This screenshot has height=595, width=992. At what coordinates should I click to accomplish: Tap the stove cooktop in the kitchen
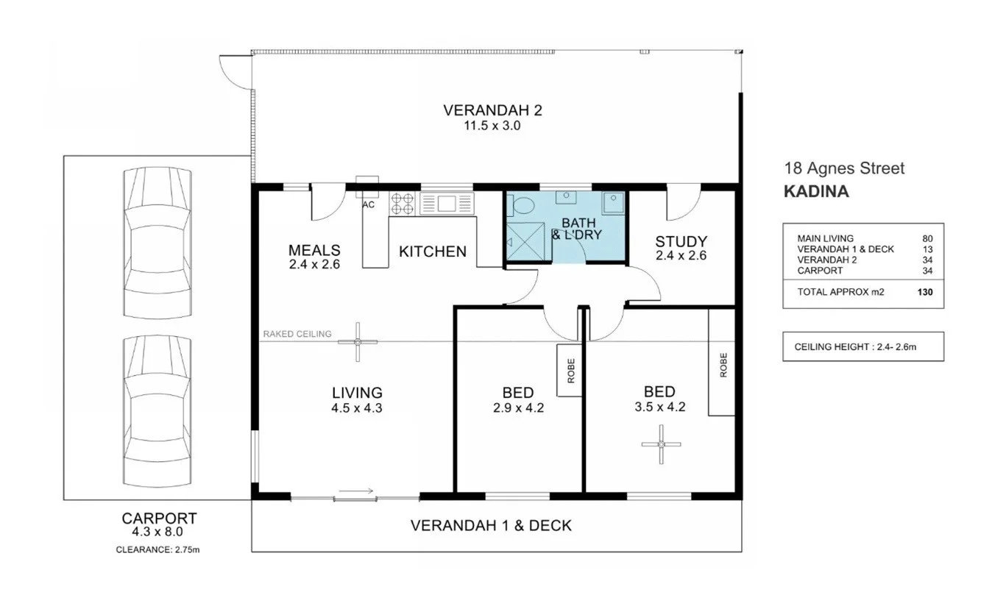403,203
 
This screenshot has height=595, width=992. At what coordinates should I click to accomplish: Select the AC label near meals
369,205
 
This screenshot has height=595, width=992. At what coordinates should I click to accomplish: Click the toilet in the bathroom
523,206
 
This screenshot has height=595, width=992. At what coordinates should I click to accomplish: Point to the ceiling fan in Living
357,342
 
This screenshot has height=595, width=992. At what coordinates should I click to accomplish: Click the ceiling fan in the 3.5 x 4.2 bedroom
661,444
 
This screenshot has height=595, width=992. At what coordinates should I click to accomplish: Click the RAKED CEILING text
297,334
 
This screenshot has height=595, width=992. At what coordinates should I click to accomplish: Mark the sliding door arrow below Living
357,491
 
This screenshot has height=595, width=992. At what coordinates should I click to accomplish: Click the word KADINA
816,192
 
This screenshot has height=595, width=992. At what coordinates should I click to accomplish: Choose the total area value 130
926,292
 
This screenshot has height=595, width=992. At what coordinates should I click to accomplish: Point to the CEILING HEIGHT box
862,346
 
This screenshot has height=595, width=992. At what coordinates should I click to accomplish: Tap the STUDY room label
681,241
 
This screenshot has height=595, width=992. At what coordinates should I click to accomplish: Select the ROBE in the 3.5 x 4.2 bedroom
723,364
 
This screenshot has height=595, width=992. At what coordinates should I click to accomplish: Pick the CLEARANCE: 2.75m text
157,549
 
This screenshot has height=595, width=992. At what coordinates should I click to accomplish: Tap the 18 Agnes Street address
844,168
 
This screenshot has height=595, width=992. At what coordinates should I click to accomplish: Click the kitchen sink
447,203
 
